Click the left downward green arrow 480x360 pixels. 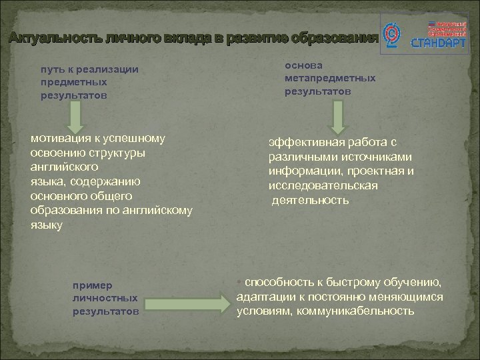pos(75,117)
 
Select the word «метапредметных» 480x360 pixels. pos(330,78)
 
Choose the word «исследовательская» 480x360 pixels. pos(323,185)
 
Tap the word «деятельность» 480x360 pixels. pos(310,200)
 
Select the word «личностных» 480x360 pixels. pos(106,298)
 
